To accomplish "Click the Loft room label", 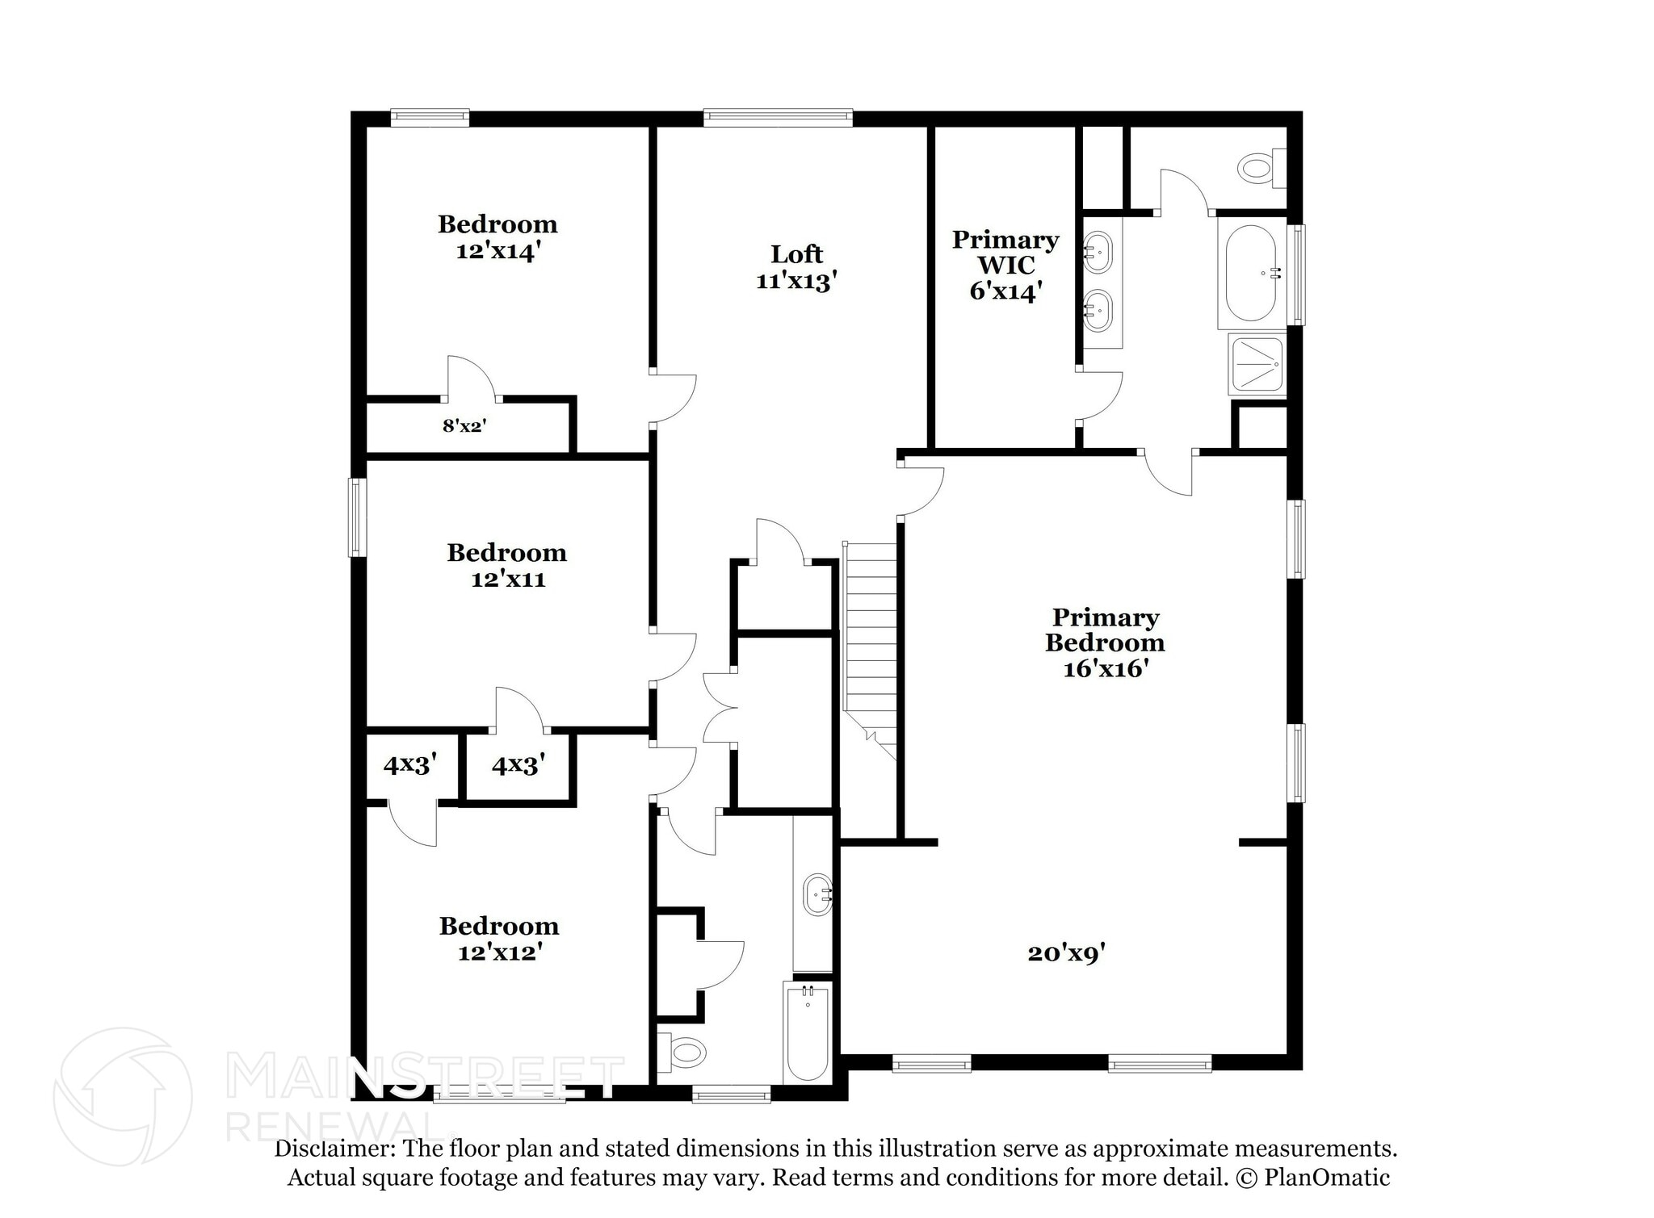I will click(x=796, y=254).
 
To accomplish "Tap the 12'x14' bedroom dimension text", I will click(x=497, y=251).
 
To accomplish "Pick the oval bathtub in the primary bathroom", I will click(x=1250, y=273).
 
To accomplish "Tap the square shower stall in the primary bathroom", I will click(x=1256, y=364).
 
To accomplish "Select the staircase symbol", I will click(x=871, y=638).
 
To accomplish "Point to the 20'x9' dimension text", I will click(x=1066, y=953).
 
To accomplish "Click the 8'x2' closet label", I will click(x=464, y=425).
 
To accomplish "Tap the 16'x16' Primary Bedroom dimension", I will click(x=1105, y=669).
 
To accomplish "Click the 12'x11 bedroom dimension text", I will click(x=508, y=580).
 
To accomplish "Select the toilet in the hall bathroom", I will click(x=683, y=1051).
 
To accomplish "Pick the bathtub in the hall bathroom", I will click(x=807, y=1033).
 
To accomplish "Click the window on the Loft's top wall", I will click(x=777, y=118).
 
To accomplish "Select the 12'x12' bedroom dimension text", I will click(x=499, y=953).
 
